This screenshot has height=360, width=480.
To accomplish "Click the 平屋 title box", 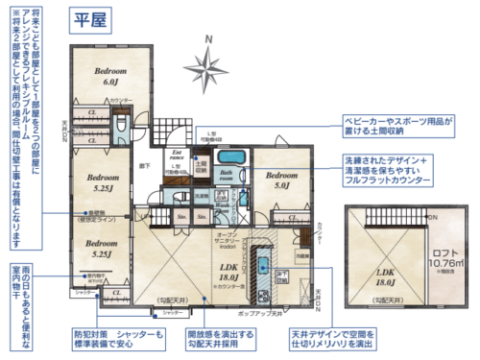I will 88,20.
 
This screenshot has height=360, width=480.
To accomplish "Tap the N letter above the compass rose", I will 209,37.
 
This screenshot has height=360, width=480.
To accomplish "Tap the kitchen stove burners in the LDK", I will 262,259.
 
